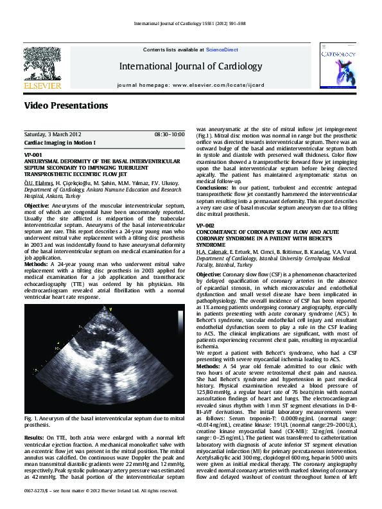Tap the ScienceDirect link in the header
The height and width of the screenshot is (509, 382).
coord(221,49)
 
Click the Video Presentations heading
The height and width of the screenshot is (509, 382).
coord(66,105)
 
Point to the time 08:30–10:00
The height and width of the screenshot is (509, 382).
coord(169,134)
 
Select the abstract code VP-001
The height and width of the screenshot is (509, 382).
coord(33,155)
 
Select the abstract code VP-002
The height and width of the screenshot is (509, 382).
coord(205,208)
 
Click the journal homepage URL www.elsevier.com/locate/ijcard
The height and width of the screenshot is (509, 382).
coord(221,85)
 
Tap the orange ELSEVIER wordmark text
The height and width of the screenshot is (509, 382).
coord(42,85)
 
